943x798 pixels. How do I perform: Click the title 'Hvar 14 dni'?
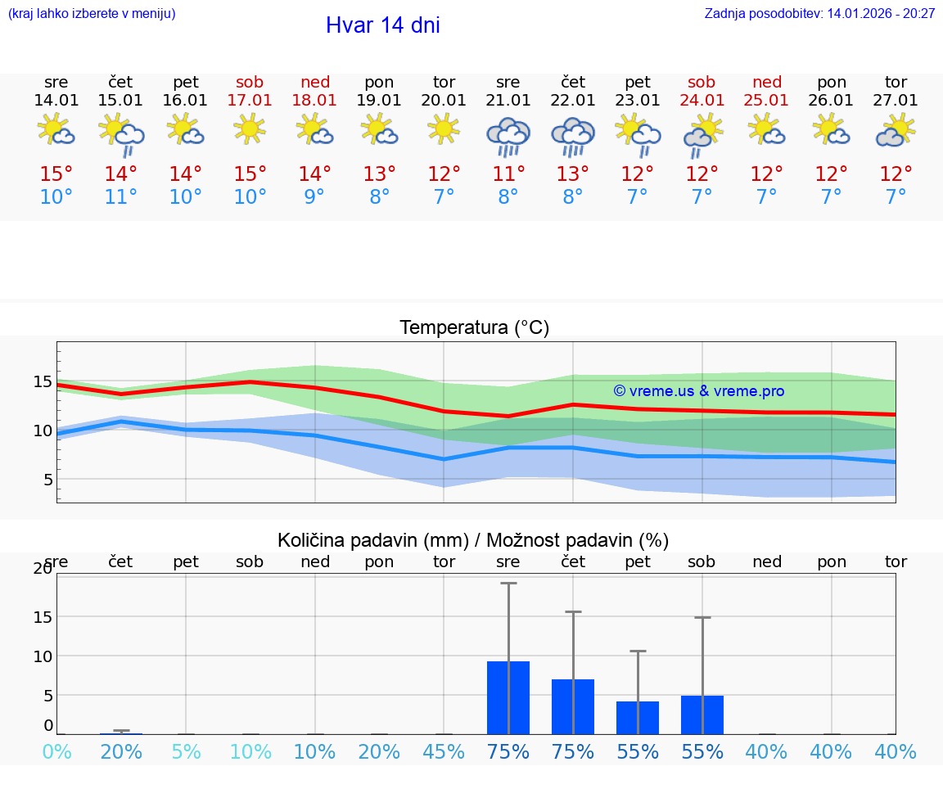click(x=382, y=25)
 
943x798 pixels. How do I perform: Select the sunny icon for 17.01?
click(x=250, y=128)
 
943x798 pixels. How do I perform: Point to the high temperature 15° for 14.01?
click(x=56, y=174)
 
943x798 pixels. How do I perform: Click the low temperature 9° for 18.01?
click(x=314, y=197)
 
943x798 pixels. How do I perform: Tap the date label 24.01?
click(x=702, y=101)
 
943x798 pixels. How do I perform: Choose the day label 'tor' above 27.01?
click(x=896, y=82)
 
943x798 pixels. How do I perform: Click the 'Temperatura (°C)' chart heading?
click(x=474, y=328)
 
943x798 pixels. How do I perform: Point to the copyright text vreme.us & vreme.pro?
click(x=698, y=391)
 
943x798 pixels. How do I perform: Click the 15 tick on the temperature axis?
click(x=43, y=381)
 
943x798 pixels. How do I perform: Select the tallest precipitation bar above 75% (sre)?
click(x=508, y=697)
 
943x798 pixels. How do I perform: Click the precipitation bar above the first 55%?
click(x=638, y=718)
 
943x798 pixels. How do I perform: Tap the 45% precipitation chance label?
click(x=444, y=752)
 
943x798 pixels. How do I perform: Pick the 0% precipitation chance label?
click(x=56, y=752)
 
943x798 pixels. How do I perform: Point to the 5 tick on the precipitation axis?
click(x=47, y=696)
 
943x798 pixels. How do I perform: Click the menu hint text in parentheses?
click(x=92, y=14)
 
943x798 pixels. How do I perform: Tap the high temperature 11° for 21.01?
click(x=508, y=174)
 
